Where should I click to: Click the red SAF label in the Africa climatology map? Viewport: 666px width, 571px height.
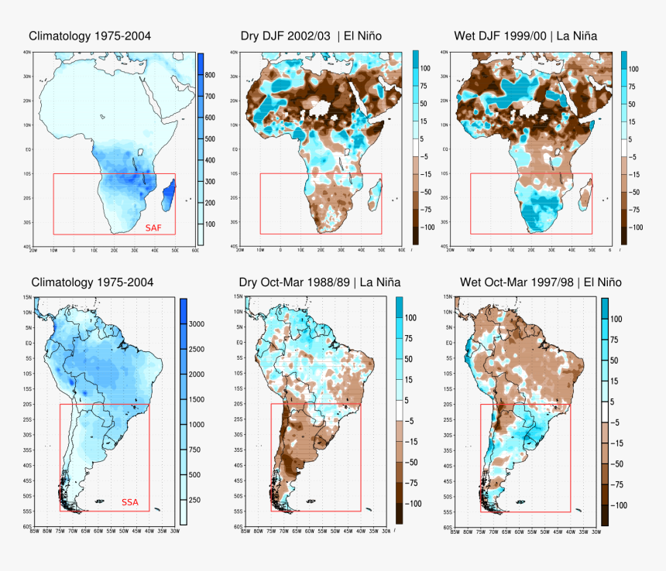155,227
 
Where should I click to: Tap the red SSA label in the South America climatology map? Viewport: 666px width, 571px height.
130,503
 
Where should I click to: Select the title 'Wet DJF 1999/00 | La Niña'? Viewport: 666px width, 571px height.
524,36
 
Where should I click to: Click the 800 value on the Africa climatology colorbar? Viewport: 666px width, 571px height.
210,75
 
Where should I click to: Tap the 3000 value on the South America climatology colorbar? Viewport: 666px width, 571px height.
197,324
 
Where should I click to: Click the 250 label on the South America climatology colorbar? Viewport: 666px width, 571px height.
194,500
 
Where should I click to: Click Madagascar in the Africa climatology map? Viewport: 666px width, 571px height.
169,194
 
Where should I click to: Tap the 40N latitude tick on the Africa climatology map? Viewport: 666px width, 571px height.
27,53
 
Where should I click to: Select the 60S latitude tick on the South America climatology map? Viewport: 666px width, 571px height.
26,527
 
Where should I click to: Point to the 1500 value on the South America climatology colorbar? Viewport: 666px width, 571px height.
197,399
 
